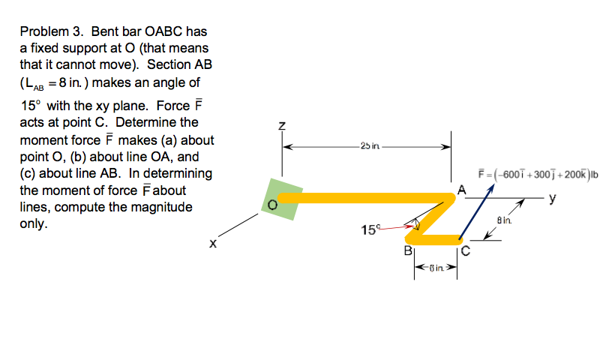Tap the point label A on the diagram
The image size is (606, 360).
pos(462,190)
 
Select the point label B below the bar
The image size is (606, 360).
pos(408,250)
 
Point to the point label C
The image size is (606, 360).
pos(465,251)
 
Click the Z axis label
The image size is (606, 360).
pos(283,128)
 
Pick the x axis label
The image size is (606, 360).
pos(213,244)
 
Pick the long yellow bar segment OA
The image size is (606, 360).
pos(360,198)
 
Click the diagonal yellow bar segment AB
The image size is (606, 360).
pos(435,218)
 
